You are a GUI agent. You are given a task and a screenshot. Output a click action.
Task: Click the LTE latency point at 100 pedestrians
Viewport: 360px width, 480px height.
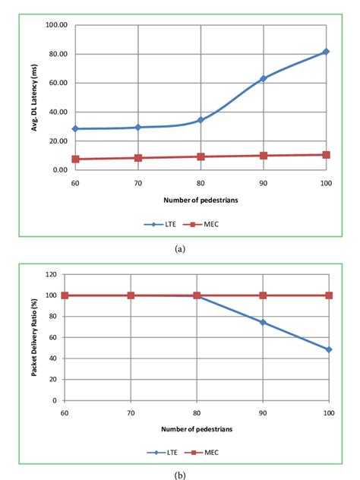(x=326, y=52)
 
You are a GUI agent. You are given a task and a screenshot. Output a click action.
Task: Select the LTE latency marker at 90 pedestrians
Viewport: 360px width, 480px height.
(x=263, y=78)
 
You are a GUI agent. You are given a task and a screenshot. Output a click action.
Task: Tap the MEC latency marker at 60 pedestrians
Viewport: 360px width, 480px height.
(x=74, y=159)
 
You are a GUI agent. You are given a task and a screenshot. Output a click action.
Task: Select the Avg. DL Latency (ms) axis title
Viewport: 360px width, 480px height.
(x=35, y=97)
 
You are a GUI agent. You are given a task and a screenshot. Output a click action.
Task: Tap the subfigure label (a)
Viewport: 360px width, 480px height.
(x=181, y=248)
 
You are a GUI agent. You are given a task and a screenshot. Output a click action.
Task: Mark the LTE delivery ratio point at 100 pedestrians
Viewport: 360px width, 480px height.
(x=329, y=349)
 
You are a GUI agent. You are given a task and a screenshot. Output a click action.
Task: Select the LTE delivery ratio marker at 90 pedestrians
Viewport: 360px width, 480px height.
(x=263, y=322)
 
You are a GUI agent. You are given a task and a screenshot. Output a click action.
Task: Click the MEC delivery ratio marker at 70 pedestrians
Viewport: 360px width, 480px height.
(x=131, y=295)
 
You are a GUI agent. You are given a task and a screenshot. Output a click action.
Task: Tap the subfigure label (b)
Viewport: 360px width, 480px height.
(x=181, y=475)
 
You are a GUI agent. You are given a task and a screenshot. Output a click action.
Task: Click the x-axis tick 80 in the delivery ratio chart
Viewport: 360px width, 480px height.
(x=197, y=411)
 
